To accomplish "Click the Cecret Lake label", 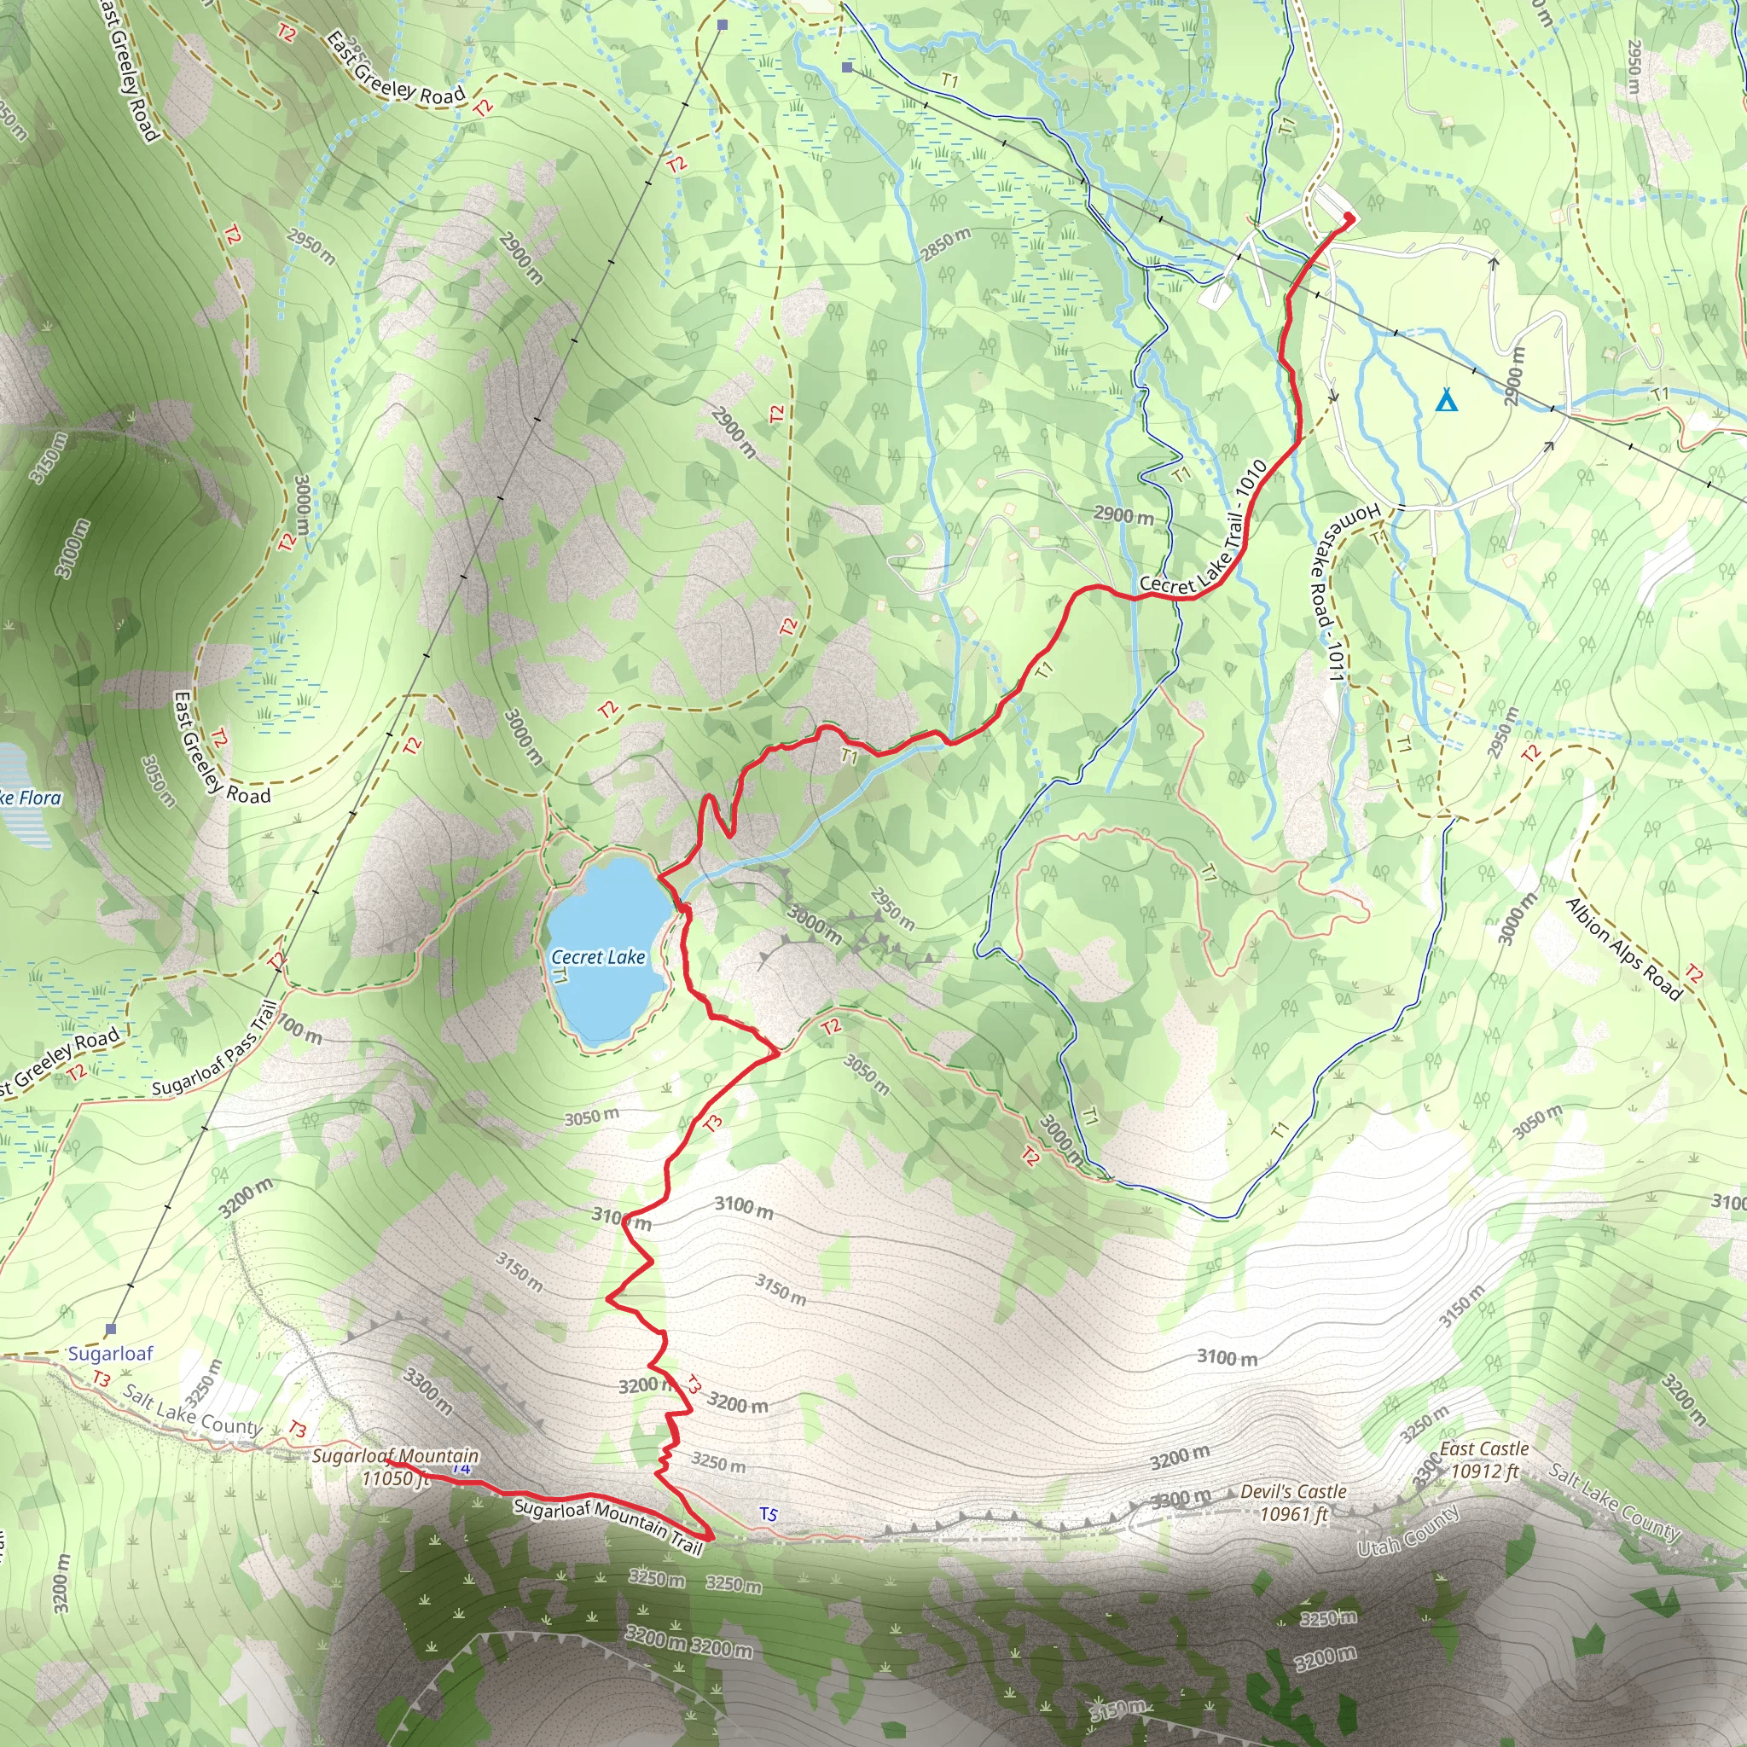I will tap(598, 957).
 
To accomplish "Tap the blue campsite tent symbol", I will tap(1447, 400).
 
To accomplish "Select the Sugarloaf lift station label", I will tap(110, 1353).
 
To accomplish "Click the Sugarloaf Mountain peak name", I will tap(395, 1456).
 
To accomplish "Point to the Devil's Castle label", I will tap(1293, 1491).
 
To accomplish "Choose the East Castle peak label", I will tap(1484, 1448).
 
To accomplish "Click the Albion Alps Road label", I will tap(1624, 949).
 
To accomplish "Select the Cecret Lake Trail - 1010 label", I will tap(1204, 528).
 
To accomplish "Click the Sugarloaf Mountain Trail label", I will tap(607, 1526).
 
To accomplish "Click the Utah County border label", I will tap(1407, 1531).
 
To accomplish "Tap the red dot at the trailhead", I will tap(1349, 218).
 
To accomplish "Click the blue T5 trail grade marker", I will tap(768, 1514).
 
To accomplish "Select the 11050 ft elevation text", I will tap(394, 1478).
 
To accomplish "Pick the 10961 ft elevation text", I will tap(1293, 1514).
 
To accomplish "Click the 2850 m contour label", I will tap(946, 244).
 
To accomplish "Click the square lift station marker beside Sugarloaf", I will tap(111, 1329).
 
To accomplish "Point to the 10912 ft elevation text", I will tap(1484, 1471).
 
